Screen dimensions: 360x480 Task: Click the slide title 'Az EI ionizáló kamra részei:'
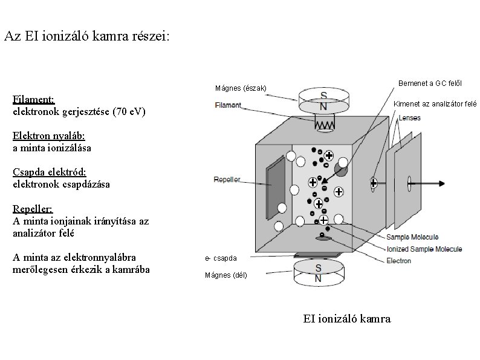87,36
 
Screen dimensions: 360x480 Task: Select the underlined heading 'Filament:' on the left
34,99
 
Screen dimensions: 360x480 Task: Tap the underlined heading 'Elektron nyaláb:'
48,135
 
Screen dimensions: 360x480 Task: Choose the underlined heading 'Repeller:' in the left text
33,209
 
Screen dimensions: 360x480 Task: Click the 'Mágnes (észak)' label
240,88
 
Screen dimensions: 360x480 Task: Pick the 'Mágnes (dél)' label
226,275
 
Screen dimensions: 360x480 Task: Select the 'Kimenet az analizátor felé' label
435,103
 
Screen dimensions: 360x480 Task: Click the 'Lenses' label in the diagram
410,118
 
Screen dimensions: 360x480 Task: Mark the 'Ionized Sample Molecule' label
424,249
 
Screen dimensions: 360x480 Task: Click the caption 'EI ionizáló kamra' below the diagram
346,318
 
